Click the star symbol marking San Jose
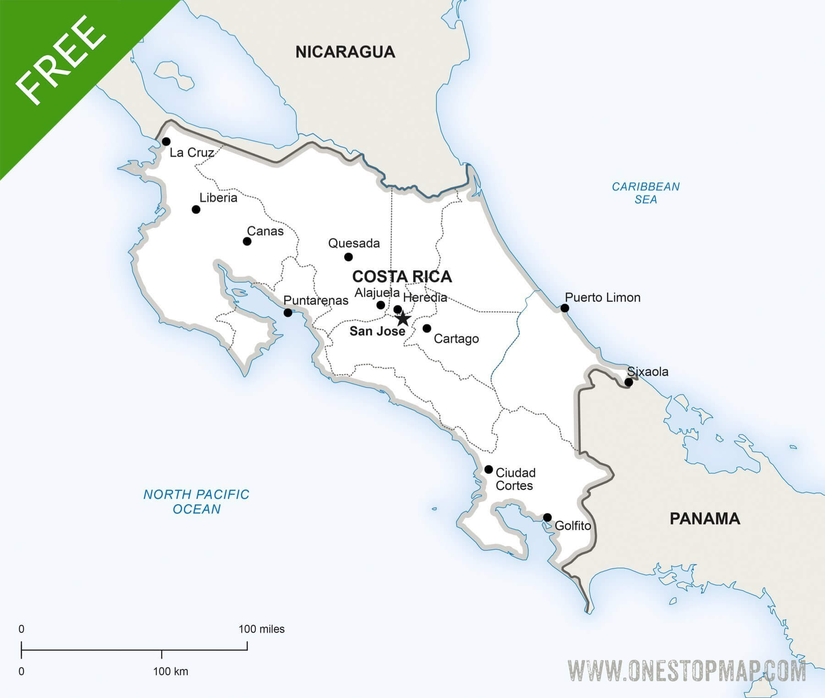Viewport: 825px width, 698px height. pyautogui.click(x=402, y=318)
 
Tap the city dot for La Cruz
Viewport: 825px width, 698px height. pyautogui.click(x=166, y=142)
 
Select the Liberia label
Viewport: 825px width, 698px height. pyautogui.click(x=218, y=198)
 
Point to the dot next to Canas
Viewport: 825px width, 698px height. pyautogui.click(x=247, y=241)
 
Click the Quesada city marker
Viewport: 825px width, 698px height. pyautogui.click(x=348, y=257)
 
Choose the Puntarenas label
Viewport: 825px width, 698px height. pyautogui.click(x=316, y=300)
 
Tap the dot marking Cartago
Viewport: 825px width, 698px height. pyautogui.click(x=427, y=328)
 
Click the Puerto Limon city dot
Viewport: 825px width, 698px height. pyautogui.click(x=565, y=308)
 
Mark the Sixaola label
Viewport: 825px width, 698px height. pyautogui.click(x=648, y=371)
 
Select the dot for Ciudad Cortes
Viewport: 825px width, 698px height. pyautogui.click(x=489, y=469)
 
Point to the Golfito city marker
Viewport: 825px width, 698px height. pyautogui.click(x=547, y=518)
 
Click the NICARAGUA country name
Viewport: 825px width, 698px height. pyautogui.click(x=345, y=52)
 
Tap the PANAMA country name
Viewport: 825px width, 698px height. pyautogui.click(x=705, y=518)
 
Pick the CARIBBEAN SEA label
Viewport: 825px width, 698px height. pyautogui.click(x=646, y=193)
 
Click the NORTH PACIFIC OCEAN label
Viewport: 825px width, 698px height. pyautogui.click(x=197, y=502)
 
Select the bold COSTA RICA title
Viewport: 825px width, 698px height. pyautogui.click(x=402, y=277)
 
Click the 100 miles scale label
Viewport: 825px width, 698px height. pyautogui.click(x=261, y=629)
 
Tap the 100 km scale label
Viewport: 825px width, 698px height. pyautogui.click(x=170, y=671)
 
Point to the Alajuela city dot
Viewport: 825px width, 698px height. pyautogui.click(x=380, y=305)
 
